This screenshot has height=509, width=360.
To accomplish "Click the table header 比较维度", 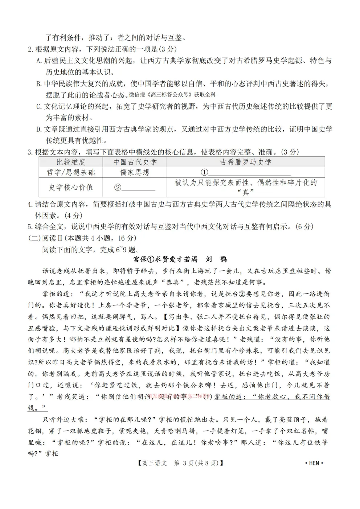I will [x=71, y=162].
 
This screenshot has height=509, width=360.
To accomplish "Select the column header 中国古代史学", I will [x=135, y=162].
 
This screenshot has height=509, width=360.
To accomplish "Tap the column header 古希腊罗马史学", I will [x=245, y=162].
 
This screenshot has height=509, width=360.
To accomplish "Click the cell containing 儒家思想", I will [x=135, y=172].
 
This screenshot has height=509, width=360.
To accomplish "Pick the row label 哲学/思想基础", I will [x=71, y=172].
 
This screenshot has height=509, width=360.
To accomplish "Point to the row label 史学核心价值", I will [x=71, y=187].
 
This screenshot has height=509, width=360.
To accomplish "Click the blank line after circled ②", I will [x=138, y=188].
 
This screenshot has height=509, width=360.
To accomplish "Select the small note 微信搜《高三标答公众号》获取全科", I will [x=172, y=95].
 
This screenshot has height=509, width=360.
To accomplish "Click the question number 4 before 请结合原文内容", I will [x=30, y=204].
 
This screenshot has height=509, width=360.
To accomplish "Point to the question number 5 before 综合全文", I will [x=30, y=227].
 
